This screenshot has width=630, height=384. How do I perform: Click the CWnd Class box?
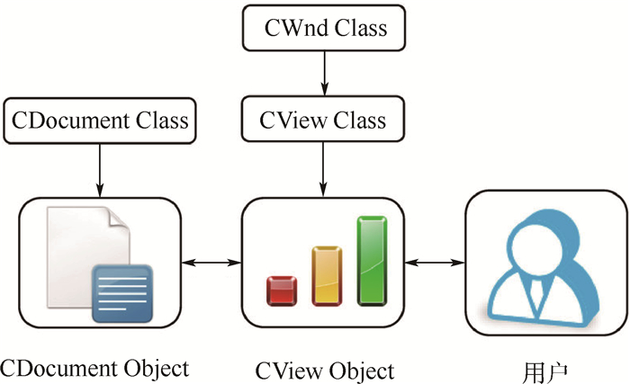pyautogui.click(x=325, y=29)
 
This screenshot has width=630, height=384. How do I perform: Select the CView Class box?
pyautogui.click(x=325, y=121)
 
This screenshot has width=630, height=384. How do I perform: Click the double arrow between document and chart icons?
pyautogui.click(x=211, y=262)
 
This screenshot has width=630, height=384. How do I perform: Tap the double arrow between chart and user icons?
pyautogui.click(x=435, y=262)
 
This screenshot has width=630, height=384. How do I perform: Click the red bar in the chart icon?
pyautogui.click(x=282, y=290)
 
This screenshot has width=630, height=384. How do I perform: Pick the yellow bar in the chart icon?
pyautogui.click(x=326, y=274)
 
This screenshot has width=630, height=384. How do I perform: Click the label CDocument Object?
pyautogui.click(x=94, y=369)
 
